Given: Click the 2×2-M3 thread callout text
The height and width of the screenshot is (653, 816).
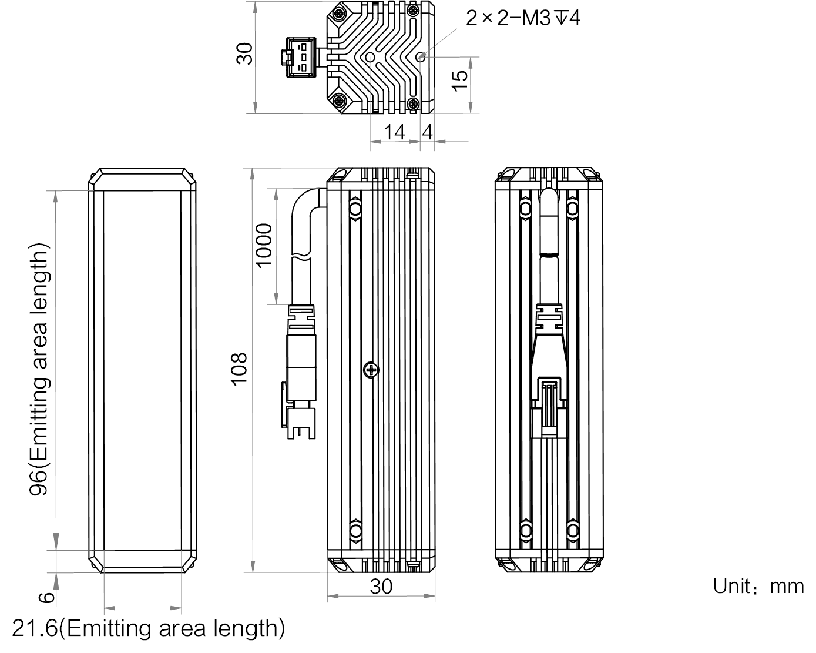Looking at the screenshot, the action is (523, 18).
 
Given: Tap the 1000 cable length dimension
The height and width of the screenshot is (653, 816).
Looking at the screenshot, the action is (264, 246).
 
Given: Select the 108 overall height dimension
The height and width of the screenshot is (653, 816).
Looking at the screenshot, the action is (239, 369).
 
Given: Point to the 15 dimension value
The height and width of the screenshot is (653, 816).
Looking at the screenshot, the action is (460, 81).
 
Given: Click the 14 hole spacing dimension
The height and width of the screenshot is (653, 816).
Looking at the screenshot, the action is (394, 132).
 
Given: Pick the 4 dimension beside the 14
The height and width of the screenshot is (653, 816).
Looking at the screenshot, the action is (427, 132).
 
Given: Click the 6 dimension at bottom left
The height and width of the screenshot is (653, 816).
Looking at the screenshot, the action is (47, 598).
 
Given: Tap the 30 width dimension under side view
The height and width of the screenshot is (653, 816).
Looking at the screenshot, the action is (381, 587).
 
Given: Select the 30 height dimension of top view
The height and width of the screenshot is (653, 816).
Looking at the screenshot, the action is (244, 53).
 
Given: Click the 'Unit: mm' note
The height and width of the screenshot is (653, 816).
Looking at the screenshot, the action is (758, 586).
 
